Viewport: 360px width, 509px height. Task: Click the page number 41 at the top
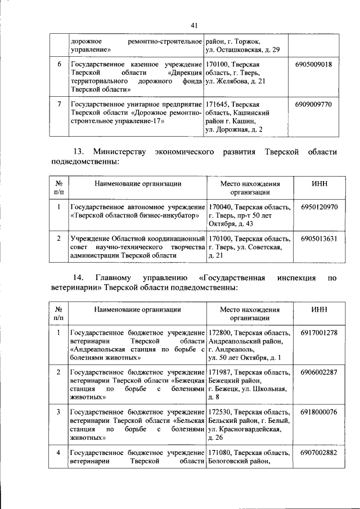pyautogui.click(x=194, y=25)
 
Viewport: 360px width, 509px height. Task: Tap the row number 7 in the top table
pyautogui.click(x=60, y=105)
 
